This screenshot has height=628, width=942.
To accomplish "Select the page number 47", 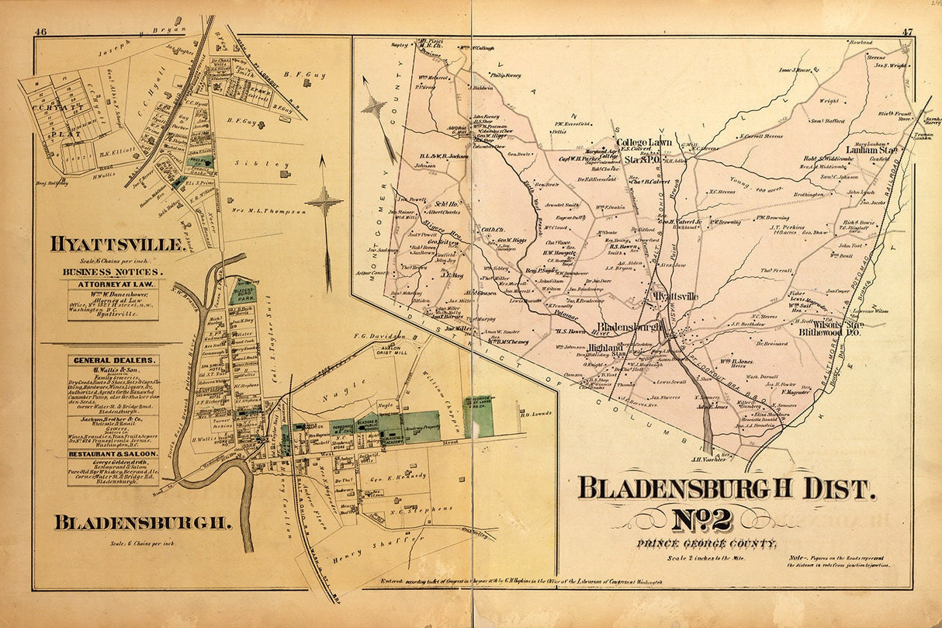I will (907, 32).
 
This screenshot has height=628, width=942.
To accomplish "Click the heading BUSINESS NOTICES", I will (113, 272).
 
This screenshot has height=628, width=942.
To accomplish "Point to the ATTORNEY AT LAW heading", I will (113, 286).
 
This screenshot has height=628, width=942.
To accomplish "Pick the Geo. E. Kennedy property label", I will (398, 475).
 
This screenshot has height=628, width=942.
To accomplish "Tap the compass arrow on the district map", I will (374, 107).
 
